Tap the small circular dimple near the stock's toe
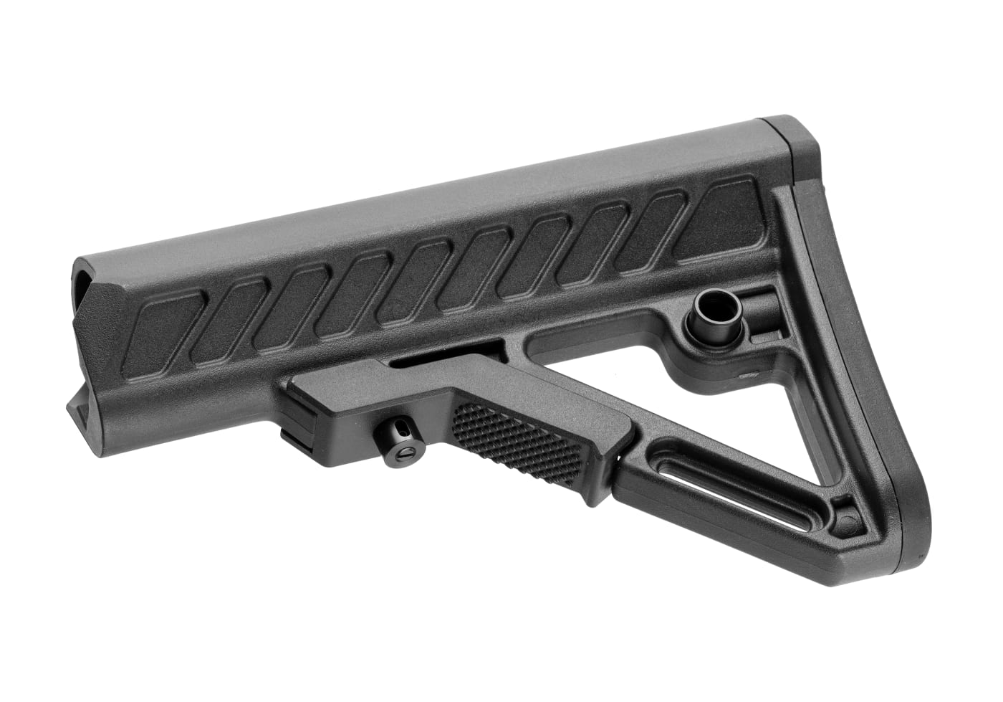pyautogui.click(x=848, y=518)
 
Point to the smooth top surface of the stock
pyautogui.click(x=430, y=208)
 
